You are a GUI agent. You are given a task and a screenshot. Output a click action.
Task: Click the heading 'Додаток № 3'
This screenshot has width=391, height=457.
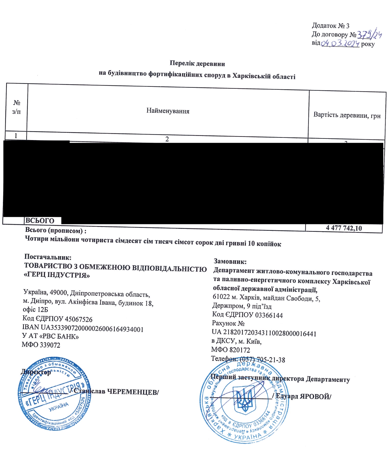pos(331,26)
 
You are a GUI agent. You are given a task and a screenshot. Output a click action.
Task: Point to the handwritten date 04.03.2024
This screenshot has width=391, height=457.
pos(340,43)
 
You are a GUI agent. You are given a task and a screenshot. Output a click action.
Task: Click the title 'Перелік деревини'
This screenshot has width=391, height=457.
pos(197,63)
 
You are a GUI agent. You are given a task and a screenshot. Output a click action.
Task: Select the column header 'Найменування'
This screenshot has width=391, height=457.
pos(168,111)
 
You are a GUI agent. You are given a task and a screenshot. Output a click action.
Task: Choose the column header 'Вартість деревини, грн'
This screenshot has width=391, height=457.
pos(347,115)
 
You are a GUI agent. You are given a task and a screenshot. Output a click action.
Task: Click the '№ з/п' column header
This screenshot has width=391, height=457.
pos(17,107)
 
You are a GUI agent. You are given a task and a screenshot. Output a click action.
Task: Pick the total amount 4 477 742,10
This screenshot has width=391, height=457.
pos(344,228)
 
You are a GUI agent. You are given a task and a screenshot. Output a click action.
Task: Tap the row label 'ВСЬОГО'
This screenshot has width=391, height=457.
pos(40,221)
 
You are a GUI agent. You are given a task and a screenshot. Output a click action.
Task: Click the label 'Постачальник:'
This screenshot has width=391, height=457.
pos(48,257)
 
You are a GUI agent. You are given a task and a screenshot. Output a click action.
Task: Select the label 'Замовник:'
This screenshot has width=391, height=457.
pos(230,261)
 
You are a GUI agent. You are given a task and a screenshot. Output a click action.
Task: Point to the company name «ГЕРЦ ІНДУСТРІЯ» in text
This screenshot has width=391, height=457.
pos(57,275)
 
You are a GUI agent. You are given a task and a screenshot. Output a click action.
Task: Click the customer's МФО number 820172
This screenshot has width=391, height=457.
pos(240,350)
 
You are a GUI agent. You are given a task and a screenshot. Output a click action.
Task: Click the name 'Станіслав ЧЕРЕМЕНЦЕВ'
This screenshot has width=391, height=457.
pos(116,392)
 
